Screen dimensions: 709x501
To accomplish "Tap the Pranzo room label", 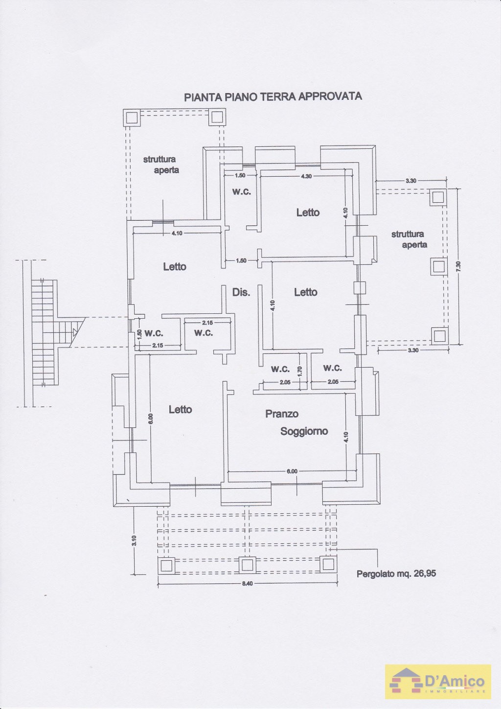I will click(x=282, y=414).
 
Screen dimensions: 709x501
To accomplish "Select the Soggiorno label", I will click(x=304, y=431).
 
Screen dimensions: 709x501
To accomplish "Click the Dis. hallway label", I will click(x=241, y=292).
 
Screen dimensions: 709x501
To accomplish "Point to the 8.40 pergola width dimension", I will click(x=247, y=583).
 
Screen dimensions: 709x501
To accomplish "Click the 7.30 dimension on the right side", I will click(x=458, y=266).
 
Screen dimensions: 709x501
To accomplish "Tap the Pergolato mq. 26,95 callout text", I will click(x=396, y=573).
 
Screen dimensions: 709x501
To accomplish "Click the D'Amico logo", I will click(x=438, y=681).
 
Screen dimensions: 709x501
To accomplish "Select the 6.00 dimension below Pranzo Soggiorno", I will click(x=292, y=471).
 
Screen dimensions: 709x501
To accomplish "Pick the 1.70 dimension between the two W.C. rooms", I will click(x=300, y=371).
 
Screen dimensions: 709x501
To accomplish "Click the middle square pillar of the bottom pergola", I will click(x=247, y=565).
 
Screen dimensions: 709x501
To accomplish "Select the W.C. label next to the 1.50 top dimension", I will click(x=241, y=192).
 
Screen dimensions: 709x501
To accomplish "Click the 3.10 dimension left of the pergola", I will click(x=134, y=541).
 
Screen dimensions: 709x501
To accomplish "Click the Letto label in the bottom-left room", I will click(x=180, y=409).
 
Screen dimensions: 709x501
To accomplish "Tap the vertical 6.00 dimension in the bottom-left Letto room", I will click(x=150, y=418).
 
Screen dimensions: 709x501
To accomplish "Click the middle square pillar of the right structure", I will click(x=438, y=266).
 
